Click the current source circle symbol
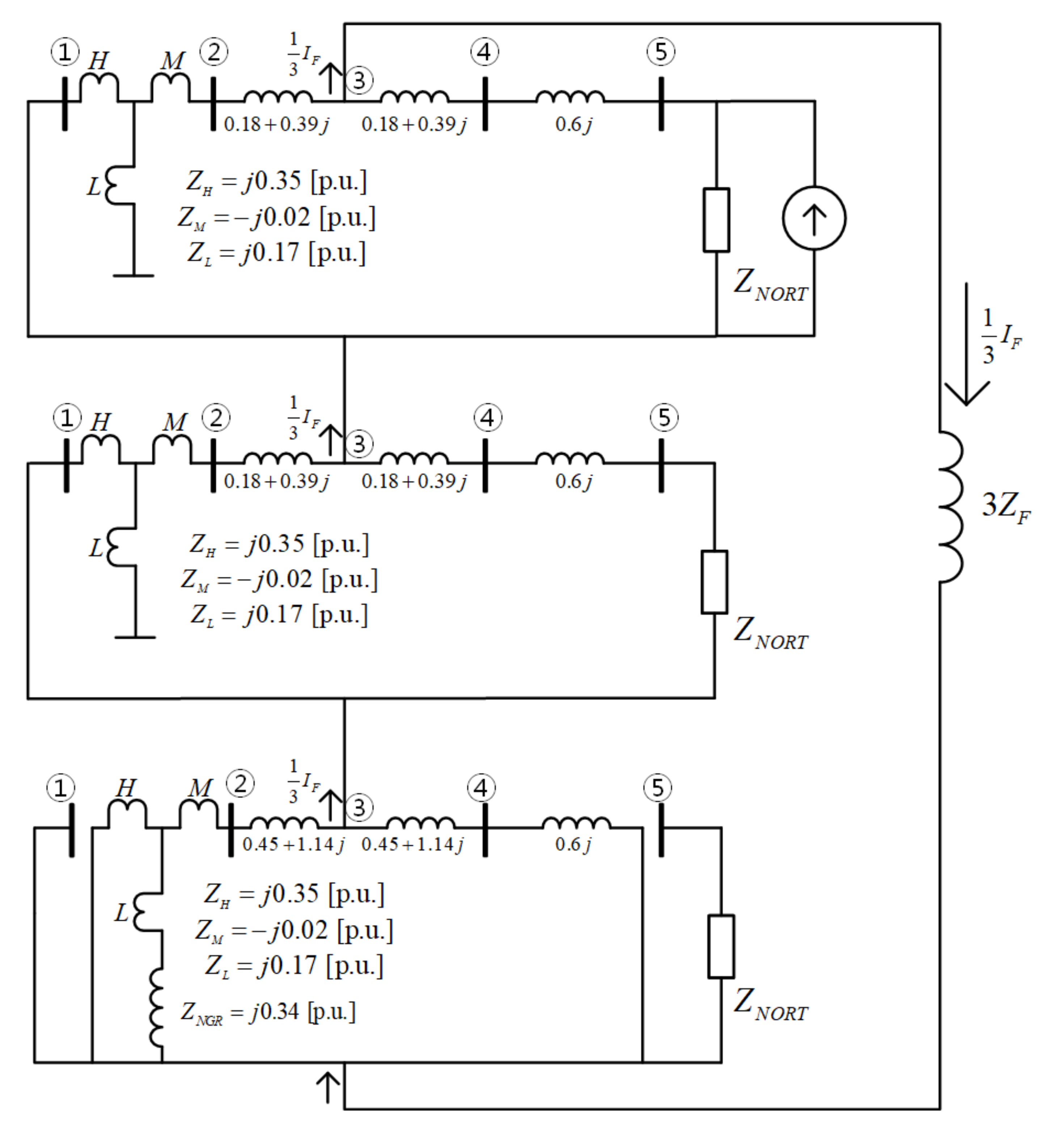tap(814, 218)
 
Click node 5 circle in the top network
tap(661, 52)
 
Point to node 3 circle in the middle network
tap(359, 444)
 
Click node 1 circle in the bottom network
tap(61, 788)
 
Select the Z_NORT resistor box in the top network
tap(716, 220)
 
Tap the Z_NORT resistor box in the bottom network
tap(721, 947)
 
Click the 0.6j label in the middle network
tap(573, 481)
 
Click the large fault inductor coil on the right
tap(951, 506)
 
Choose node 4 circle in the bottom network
tap(481, 788)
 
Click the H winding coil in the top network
tap(99, 86)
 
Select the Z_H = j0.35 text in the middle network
tap(279, 544)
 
